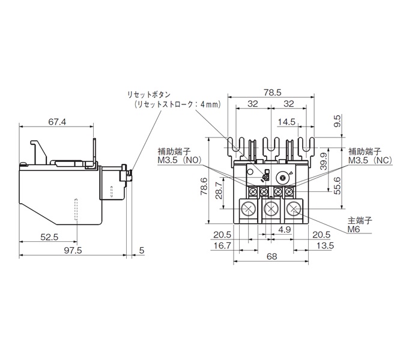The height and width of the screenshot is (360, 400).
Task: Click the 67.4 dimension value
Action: pyautogui.click(x=57, y=122)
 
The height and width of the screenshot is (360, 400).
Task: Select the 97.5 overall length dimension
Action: pyautogui.click(x=73, y=251)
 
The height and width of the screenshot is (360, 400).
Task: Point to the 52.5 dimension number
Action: pyautogui.click(x=49, y=237)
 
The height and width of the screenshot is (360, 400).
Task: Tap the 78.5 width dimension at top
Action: pyautogui.click(x=272, y=92)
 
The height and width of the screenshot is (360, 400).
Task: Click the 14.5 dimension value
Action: pyautogui.click(x=286, y=122)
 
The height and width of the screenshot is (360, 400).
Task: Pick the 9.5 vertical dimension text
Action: pyautogui.click(x=338, y=121)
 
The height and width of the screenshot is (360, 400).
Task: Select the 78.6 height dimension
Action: pyautogui.click(x=204, y=187)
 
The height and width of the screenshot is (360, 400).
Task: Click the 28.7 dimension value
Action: pyautogui.click(x=219, y=190)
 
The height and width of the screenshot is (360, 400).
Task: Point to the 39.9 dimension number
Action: pyautogui.click(x=324, y=161)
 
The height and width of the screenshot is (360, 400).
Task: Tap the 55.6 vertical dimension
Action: pyautogui.click(x=338, y=186)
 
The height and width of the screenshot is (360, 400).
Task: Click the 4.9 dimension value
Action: pyautogui.click(x=285, y=230)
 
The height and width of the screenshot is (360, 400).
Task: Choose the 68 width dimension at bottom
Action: pyautogui.click(x=271, y=256)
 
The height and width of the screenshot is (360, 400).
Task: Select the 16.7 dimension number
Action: pyautogui.click(x=222, y=245)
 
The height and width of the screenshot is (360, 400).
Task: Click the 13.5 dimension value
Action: pyautogui.click(x=325, y=245)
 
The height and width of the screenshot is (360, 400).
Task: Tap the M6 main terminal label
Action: pyautogui.click(x=354, y=229)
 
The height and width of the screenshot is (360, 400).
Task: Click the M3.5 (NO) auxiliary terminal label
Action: pyautogui.click(x=180, y=160)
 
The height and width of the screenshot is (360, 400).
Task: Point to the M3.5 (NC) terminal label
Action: pyautogui.click(x=370, y=160)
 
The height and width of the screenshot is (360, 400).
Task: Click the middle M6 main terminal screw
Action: pyautogui.click(x=271, y=209)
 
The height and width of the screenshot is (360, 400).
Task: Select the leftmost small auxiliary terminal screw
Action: pyautogui.click(x=253, y=191)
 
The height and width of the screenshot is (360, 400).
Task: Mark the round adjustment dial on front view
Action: pyautogui.click(x=283, y=178)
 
